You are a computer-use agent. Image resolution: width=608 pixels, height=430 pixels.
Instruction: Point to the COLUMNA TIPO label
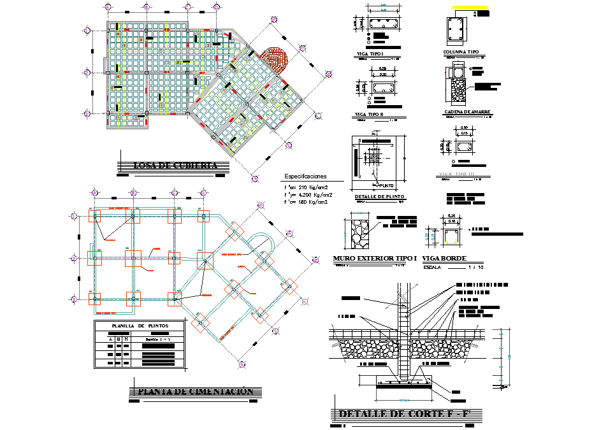click(x=460, y=52)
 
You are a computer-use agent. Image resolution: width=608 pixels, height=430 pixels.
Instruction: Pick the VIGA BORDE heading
click(x=445, y=259)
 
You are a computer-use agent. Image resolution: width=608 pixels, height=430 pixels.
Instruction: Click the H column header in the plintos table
click(x=126, y=340)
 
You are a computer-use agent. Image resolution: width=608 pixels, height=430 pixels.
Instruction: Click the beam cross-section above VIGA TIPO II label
click(x=382, y=87)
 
